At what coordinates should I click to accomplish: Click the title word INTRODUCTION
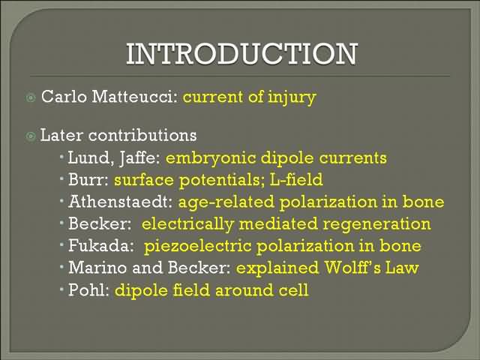(241, 54)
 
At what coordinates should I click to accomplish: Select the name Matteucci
(135, 97)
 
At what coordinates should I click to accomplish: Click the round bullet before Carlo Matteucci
(31, 97)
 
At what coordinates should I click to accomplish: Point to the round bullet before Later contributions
(31, 136)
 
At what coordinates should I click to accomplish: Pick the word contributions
(142, 135)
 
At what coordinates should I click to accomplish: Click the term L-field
(296, 180)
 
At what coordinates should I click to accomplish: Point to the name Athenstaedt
(120, 202)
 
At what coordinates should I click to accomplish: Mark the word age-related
(226, 202)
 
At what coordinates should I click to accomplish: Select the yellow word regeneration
(376, 225)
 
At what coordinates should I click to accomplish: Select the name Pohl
(88, 289)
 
